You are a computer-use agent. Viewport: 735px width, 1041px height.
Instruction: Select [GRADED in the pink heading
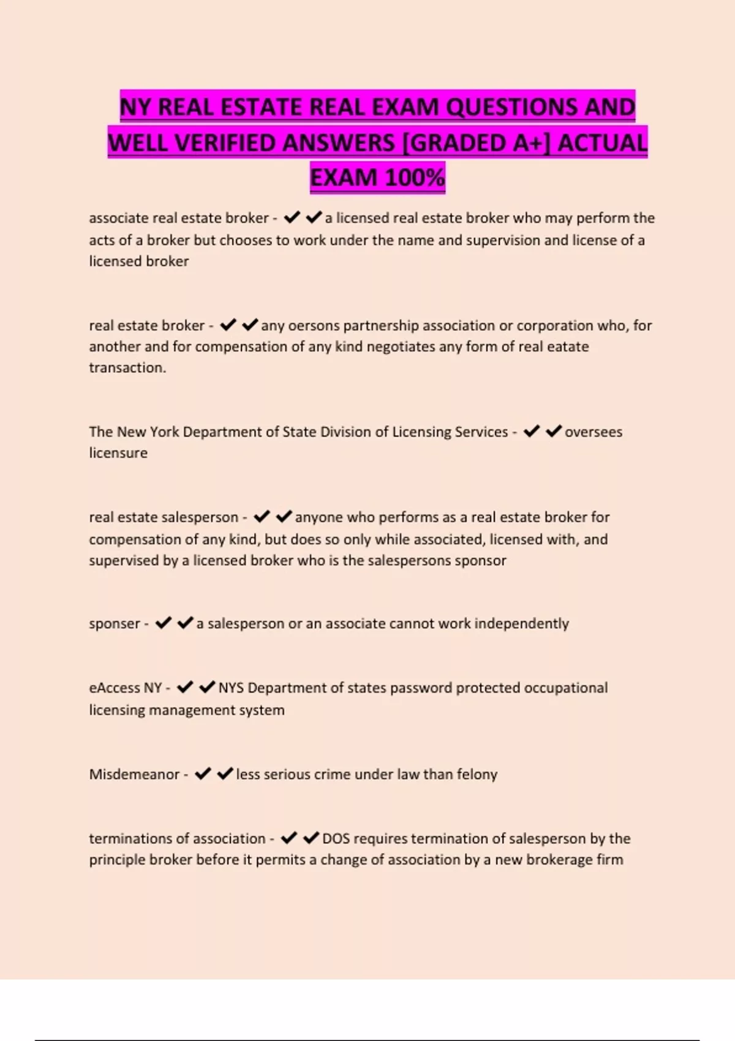(453, 143)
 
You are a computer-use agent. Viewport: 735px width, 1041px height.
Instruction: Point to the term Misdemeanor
(134, 775)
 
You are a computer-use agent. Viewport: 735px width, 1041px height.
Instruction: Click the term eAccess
(115, 688)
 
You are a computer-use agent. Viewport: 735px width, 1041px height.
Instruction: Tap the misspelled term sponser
(115, 624)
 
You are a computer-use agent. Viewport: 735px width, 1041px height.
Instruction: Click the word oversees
(593, 432)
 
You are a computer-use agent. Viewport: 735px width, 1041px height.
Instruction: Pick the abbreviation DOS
(336, 838)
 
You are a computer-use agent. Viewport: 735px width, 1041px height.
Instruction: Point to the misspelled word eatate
(567, 347)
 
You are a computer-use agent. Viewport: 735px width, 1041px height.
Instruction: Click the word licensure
(118, 453)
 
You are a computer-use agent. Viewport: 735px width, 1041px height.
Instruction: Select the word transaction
(127, 368)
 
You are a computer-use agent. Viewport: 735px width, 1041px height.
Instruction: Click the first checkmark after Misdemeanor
(203, 774)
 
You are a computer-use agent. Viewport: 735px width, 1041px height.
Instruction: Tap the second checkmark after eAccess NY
(207, 687)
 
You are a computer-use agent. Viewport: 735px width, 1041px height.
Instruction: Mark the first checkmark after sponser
(163, 623)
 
